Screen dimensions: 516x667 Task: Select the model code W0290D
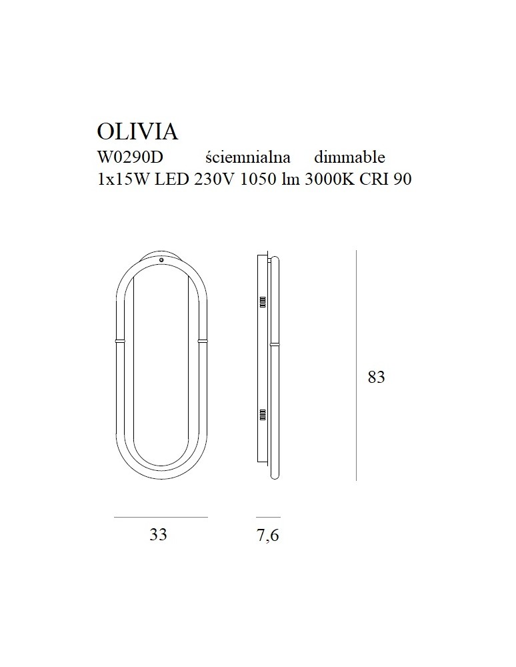click(x=130, y=157)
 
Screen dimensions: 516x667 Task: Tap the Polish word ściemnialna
click(x=248, y=157)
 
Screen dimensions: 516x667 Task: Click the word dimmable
click(x=349, y=157)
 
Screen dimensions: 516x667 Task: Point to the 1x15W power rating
click(x=123, y=179)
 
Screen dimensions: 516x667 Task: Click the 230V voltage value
click(x=215, y=179)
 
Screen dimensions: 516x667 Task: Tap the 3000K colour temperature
click(x=330, y=179)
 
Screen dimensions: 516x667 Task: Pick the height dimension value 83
click(x=376, y=378)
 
